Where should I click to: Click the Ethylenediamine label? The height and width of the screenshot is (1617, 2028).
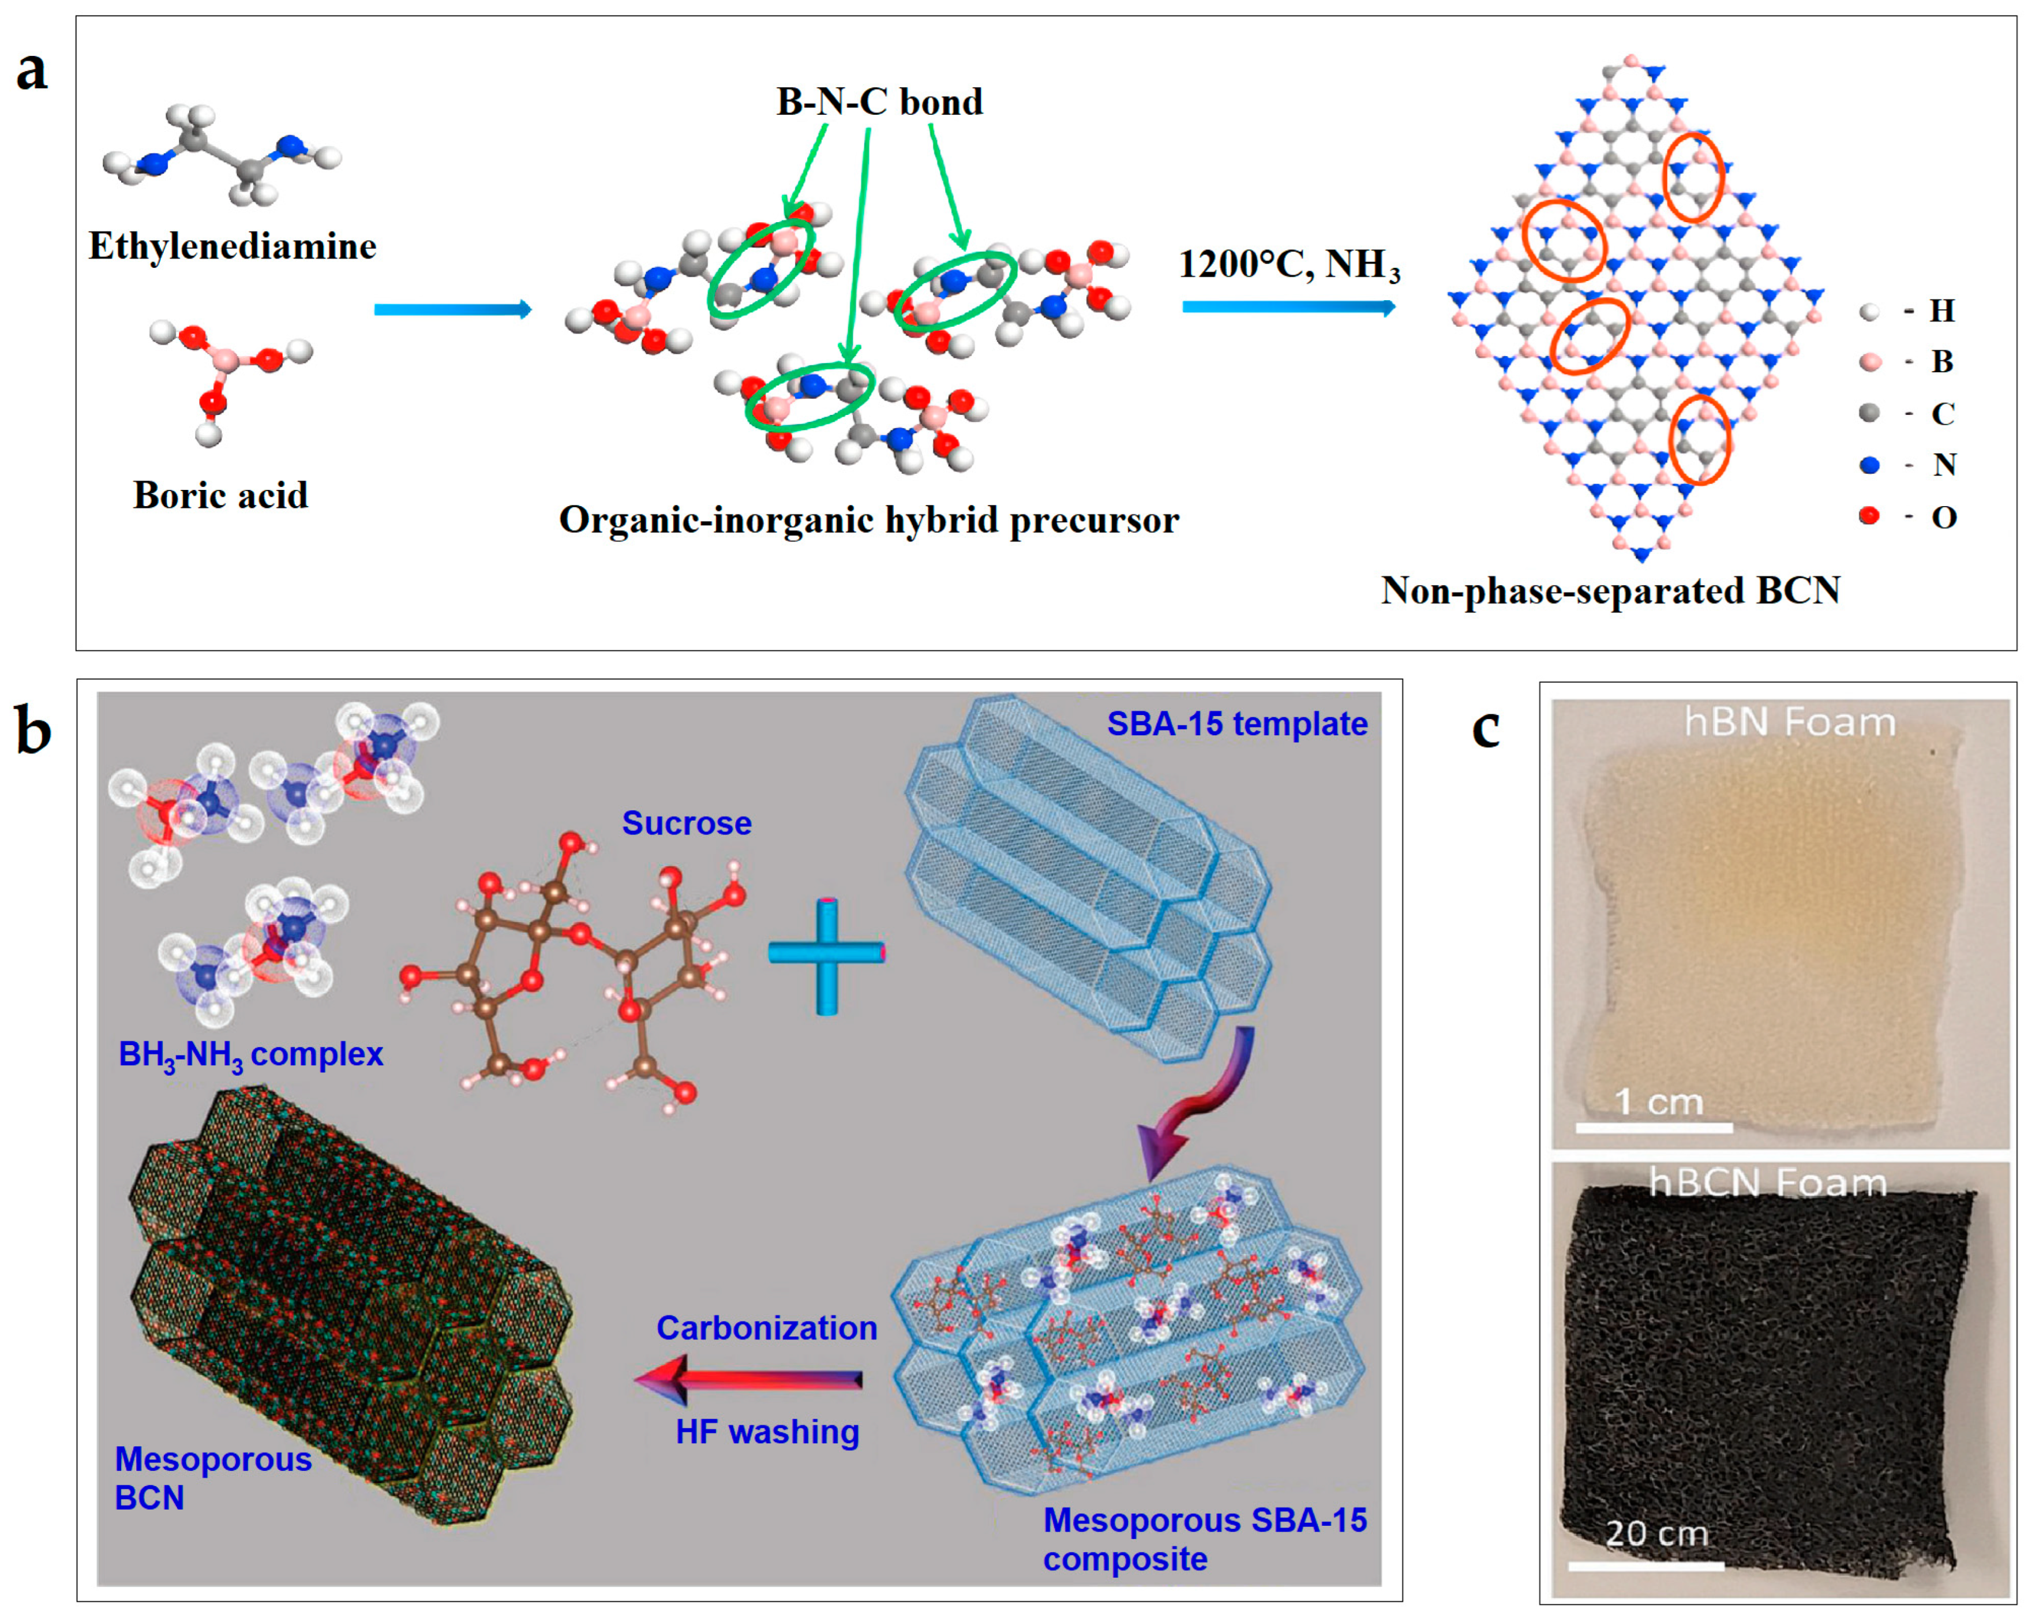[233, 246]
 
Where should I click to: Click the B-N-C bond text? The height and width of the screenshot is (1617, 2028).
[879, 102]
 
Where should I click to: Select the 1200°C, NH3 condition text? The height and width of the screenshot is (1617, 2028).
[1289, 265]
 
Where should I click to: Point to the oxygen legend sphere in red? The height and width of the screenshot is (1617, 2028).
[1870, 515]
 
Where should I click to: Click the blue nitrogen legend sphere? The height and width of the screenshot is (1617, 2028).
[1870, 465]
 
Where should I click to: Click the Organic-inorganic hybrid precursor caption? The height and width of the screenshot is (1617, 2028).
[868, 520]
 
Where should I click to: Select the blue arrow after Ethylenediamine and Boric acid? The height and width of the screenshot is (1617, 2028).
[452, 309]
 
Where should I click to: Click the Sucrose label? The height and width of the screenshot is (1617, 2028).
[687, 823]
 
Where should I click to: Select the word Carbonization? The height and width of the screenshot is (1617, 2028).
[767, 1327]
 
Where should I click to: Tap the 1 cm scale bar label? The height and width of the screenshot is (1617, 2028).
[1658, 1102]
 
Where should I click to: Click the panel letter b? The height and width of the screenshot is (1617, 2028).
[34, 731]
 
